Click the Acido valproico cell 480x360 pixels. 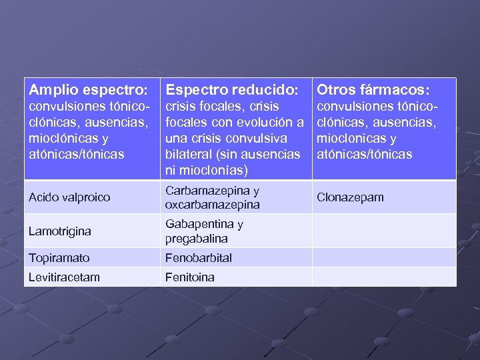69,197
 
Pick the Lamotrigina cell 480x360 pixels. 60,231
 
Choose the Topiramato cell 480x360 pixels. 59,258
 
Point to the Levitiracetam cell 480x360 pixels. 64,277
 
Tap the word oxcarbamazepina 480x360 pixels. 213,205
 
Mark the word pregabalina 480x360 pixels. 197,238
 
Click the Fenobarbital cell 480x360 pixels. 199,258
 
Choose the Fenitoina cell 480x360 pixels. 190,277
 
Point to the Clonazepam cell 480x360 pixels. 350,197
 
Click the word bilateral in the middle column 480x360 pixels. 189,155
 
